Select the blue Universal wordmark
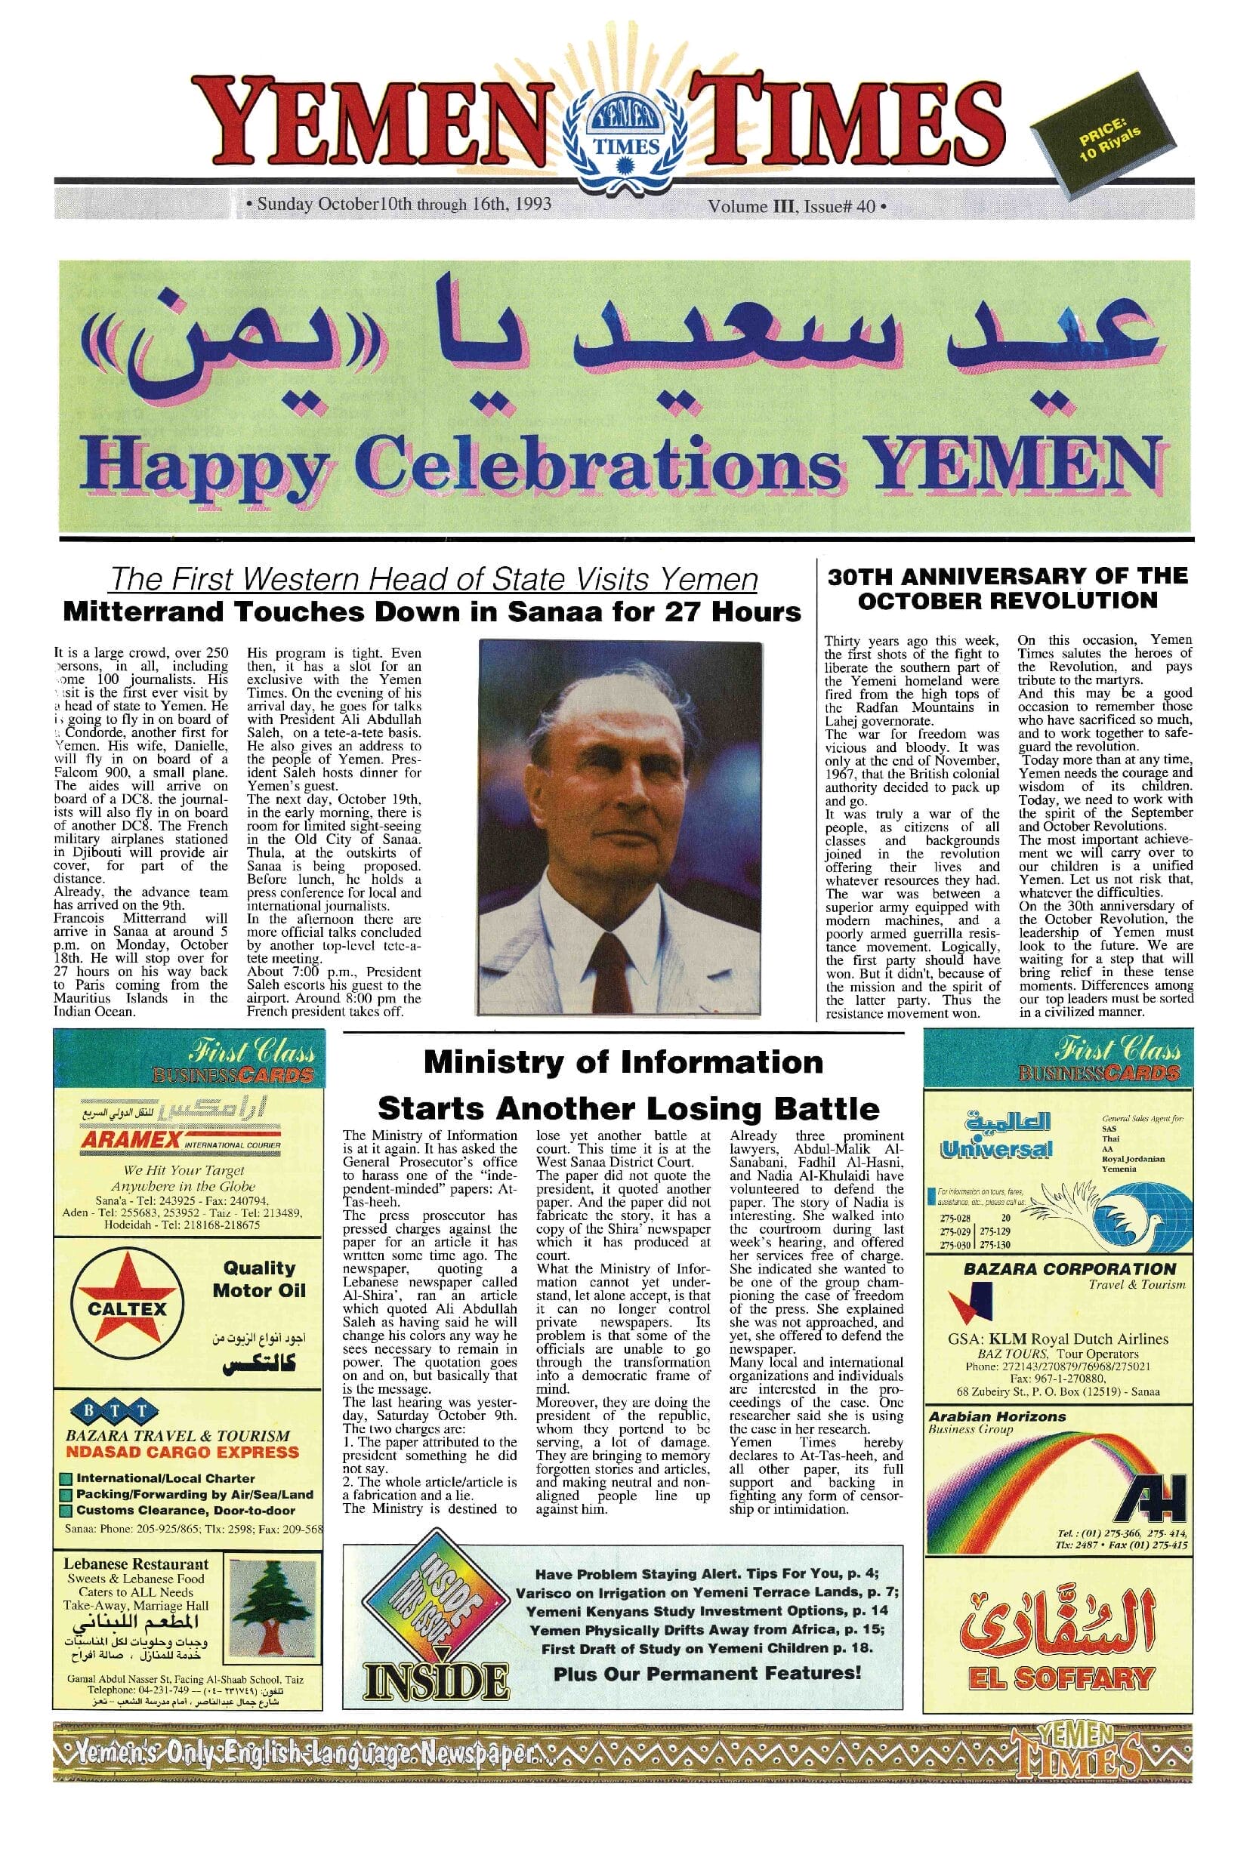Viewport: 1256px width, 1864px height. coord(996,1148)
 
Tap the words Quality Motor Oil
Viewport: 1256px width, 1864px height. coord(260,1280)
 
